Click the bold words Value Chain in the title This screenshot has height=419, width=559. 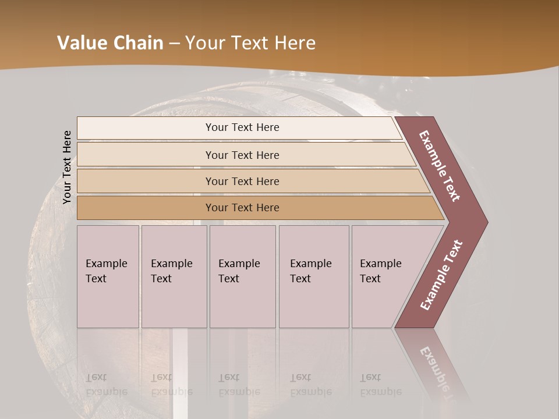coord(110,43)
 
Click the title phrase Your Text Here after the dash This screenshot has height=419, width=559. coord(250,43)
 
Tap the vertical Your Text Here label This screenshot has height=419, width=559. coord(67,167)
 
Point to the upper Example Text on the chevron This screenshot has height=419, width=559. coord(440,166)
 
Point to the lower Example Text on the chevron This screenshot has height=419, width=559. coord(441,275)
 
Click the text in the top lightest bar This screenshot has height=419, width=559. coord(242,127)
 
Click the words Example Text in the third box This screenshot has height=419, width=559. coord(239,271)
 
